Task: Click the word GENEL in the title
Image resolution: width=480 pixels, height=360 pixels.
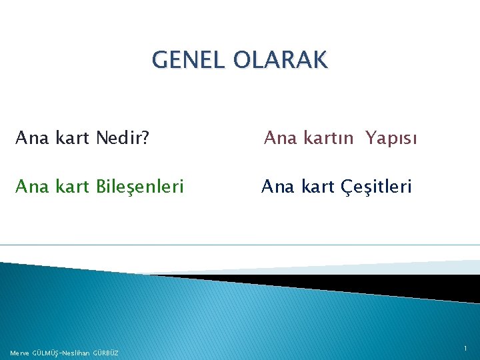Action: [189, 60]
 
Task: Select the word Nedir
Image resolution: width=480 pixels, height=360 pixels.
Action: [119, 138]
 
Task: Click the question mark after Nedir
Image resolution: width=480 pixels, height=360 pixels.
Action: [145, 138]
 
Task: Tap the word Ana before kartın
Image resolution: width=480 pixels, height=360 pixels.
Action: [279, 138]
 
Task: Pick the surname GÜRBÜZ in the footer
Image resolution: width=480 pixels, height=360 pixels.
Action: [106, 353]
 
